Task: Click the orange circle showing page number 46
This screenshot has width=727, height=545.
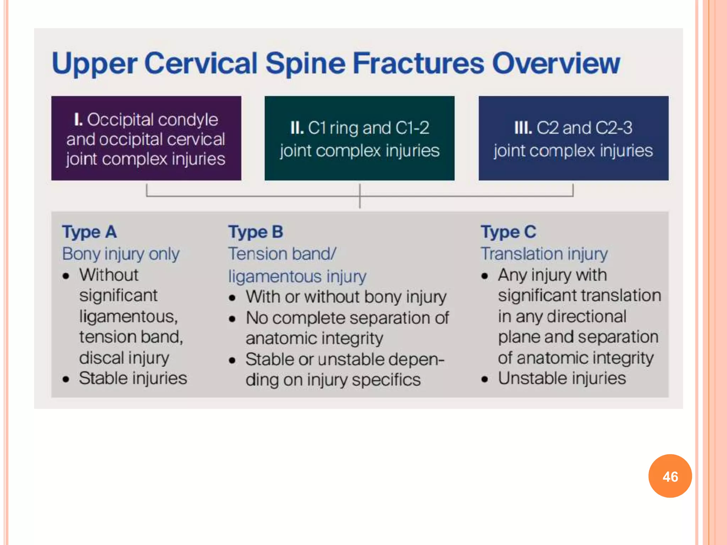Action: click(x=670, y=476)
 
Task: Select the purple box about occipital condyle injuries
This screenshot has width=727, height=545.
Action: click(x=146, y=138)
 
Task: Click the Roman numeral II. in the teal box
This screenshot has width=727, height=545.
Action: click(x=297, y=128)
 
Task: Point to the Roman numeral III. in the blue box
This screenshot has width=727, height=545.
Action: click(x=523, y=128)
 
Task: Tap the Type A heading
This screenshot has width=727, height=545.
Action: click(x=89, y=232)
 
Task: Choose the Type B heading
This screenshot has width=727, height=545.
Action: click(x=256, y=232)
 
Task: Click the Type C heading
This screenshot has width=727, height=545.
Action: click(x=508, y=232)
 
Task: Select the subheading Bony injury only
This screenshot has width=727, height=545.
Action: click(x=121, y=254)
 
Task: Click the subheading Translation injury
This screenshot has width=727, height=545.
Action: click(x=544, y=254)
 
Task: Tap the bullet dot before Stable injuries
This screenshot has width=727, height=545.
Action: click(x=66, y=379)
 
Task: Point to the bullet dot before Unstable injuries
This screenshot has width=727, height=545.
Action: click(x=485, y=379)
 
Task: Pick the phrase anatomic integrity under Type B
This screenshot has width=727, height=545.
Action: click(x=314, y=338)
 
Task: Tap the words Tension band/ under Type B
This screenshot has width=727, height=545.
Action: click(x=282, y=254)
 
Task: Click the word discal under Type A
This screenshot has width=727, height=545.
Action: click(x=101, y=358)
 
